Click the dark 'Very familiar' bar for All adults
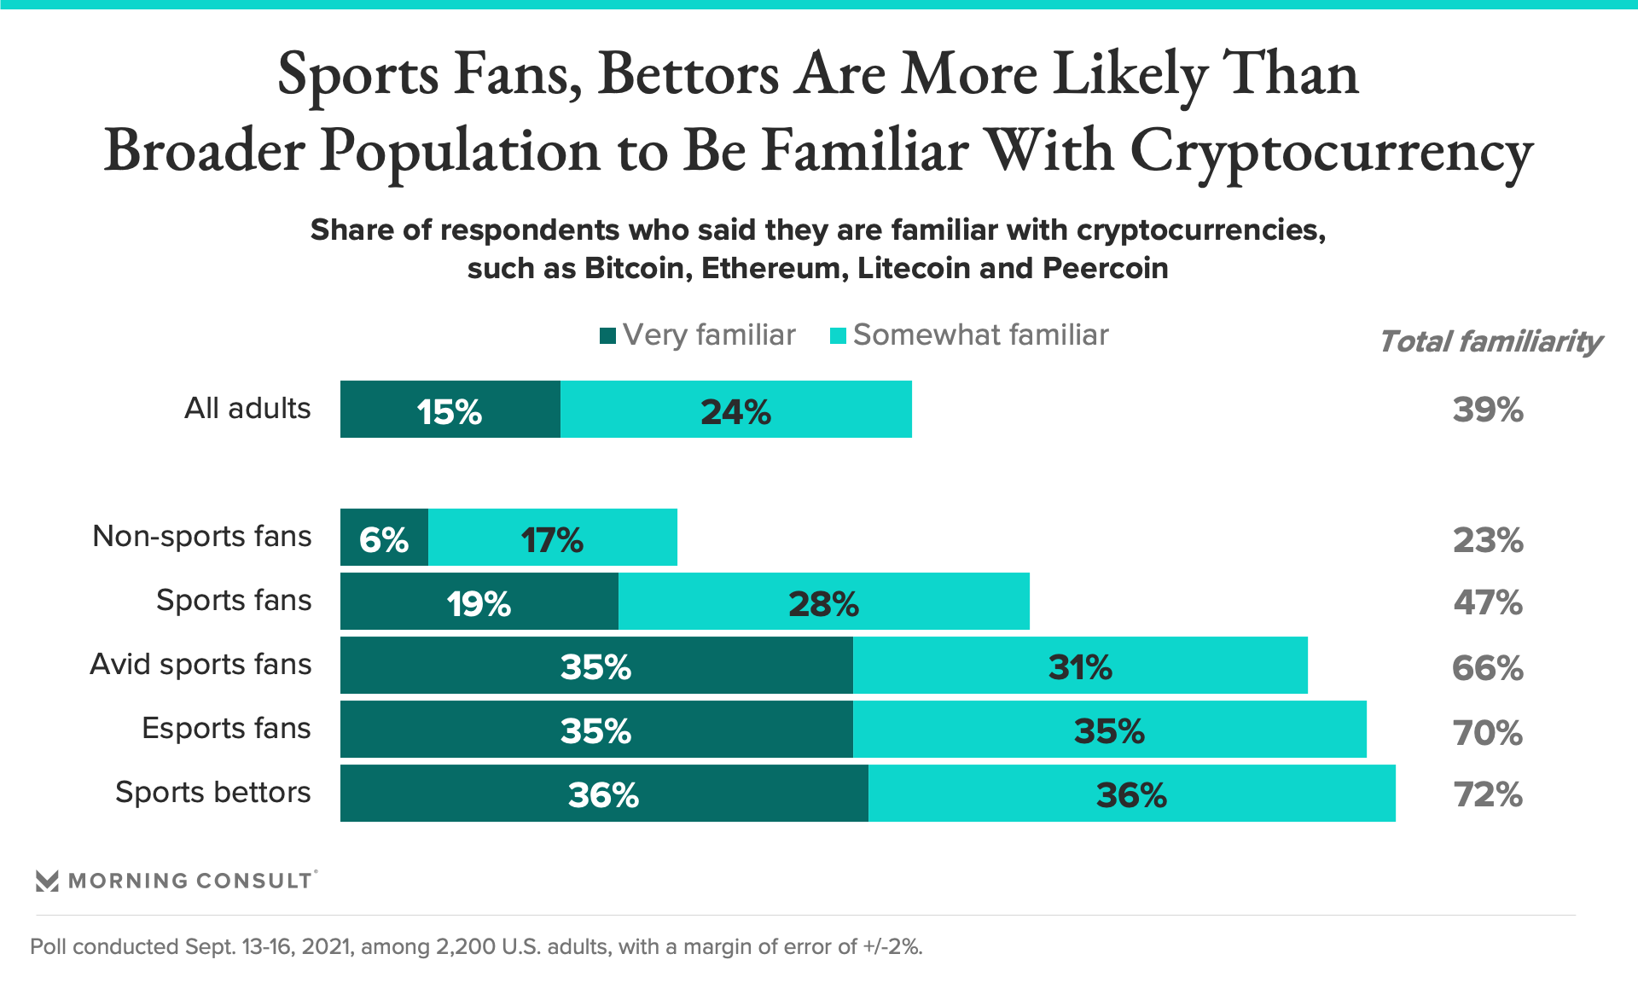pyautogui.click(x=450, y=410)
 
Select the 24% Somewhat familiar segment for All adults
pyautogui.click(x=735, y=410)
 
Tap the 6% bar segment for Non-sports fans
pyautogui.click(x=384, y=538)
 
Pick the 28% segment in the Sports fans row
pyautogui.click(x=823, y=602)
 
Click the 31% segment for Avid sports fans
pyautogui.click(x=1080, y=666)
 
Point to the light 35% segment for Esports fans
pyautogui.click(x=1109, y=730)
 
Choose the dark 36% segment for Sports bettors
pyautogui.click(x=603, y=794)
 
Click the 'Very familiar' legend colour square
pyautogui.click(x=607, y=335)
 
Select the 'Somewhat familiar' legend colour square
pyautogui.click(x=838, y=335)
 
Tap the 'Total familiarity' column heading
pyautogui.click(x=1490, y=341)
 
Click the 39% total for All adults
pyautogui.click(x=1488, y=410)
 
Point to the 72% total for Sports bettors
pyautogui.click(x=1488, y=794)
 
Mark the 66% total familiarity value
pyautogui.click(x=1488, y=667)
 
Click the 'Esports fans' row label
pyautogui.click(x=226, y=729)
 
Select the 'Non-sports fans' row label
pyautogui.click(x=202, y=537)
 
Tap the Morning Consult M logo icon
pyautogui.click(x=47, y=881)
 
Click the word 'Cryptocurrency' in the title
pyautogui.click(x=1331, y=152)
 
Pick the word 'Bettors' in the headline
pyautogui.click(x=688, y=75)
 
